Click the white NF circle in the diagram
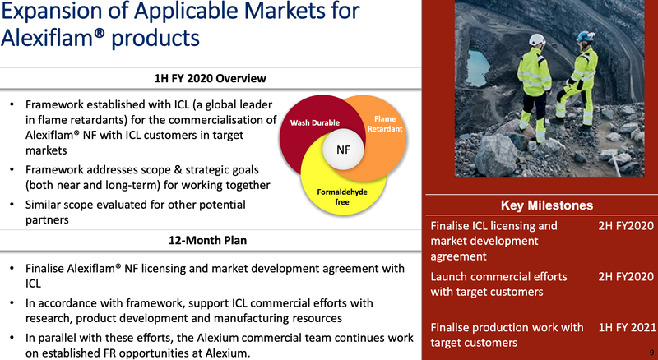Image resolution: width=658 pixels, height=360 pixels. [x=343, y=150]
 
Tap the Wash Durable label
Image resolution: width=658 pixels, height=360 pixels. [x=315, y=123]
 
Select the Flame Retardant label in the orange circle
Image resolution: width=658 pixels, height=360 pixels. [x=385, y=124]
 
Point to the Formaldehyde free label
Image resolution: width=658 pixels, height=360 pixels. [x=342, y=196]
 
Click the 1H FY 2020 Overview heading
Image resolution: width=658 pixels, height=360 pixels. [x=211, y=78]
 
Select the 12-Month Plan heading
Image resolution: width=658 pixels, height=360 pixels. [x=208, y=241]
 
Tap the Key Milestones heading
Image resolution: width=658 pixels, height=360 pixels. [x=547, y=205]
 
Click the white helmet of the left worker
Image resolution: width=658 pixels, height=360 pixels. [x=537, y=39]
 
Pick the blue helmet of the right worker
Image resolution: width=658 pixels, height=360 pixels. [x=585, y=36]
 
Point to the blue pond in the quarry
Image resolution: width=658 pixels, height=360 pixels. [x=478, y=68]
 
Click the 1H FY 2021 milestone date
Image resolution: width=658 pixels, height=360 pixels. [x=627, y=327]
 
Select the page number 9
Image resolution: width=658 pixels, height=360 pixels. [x=651, y=353]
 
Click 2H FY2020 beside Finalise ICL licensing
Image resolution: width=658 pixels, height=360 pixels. [x=626, y=226]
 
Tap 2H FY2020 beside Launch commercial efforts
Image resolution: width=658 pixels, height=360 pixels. [x=626, y=276]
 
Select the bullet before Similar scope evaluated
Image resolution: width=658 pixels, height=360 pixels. [x=12, y=205]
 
